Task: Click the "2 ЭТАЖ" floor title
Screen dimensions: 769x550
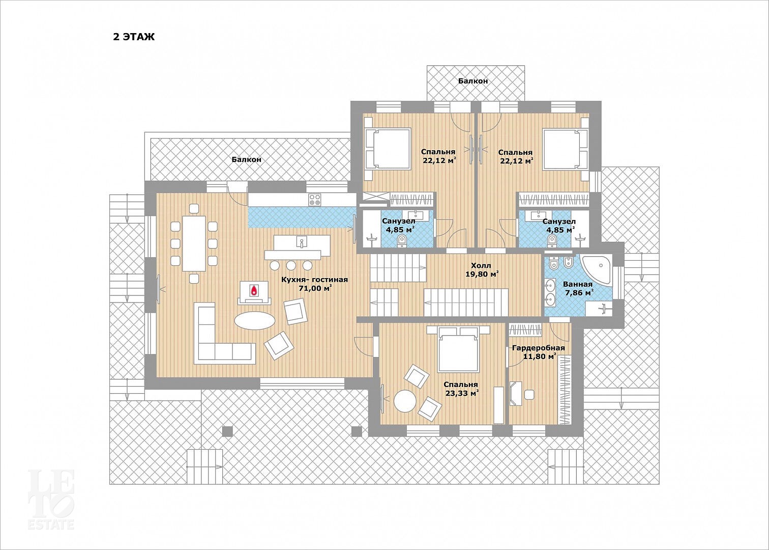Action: point(134,37)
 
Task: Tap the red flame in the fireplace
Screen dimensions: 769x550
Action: point(254,290)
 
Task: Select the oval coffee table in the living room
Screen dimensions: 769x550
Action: point(254,321)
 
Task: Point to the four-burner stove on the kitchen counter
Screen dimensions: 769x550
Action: point(315,200)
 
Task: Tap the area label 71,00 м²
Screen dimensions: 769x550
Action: point(315,288)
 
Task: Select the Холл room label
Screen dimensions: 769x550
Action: point(481,266)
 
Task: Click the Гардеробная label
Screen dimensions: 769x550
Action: point(539,348)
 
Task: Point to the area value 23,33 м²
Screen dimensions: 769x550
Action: point(462,393)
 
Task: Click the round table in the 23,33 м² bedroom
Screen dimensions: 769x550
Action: point(405,400)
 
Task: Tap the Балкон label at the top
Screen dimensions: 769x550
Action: point(472,81)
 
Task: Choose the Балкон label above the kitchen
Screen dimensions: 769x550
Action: point(246,159)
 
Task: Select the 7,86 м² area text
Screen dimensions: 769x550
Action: point(580,293)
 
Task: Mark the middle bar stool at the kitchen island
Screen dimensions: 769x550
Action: point(291,265)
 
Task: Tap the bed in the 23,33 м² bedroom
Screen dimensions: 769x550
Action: point(458,348)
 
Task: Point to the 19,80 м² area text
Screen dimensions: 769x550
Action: point(482,274)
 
